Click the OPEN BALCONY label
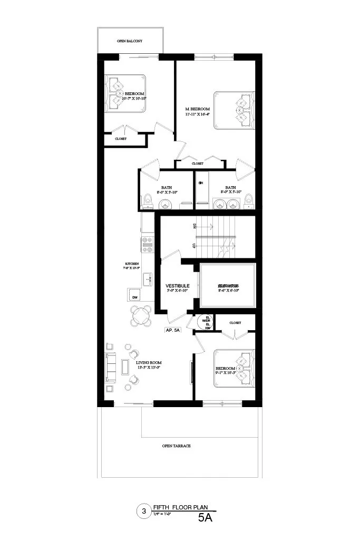130,41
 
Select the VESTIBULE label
177,286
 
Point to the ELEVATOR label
229,286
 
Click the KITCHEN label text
132,263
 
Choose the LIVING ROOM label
148,363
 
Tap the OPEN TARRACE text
176,446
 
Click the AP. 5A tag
173,331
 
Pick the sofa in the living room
111,367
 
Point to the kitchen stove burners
147,244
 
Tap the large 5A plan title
205,518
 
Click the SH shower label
200,183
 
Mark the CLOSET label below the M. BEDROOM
198,163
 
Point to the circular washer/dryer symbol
204,322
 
